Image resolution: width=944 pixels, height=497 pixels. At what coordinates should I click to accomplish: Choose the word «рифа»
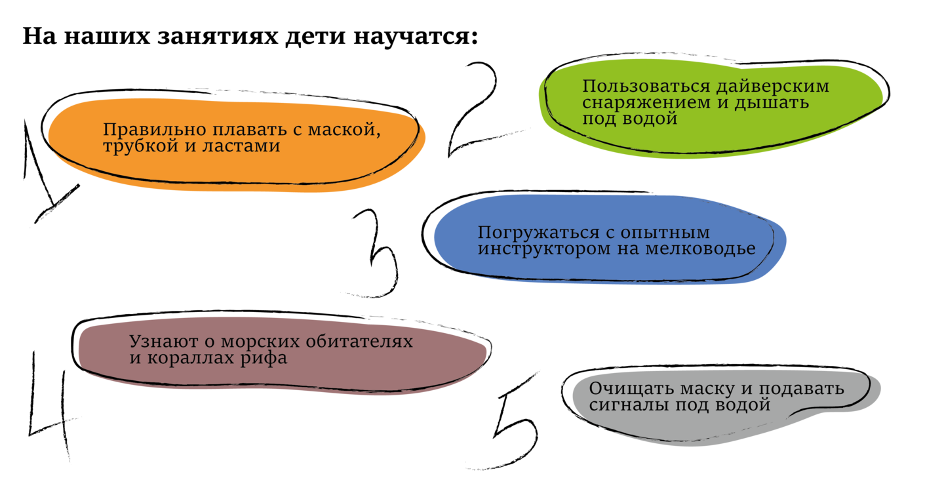click(266, 359)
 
